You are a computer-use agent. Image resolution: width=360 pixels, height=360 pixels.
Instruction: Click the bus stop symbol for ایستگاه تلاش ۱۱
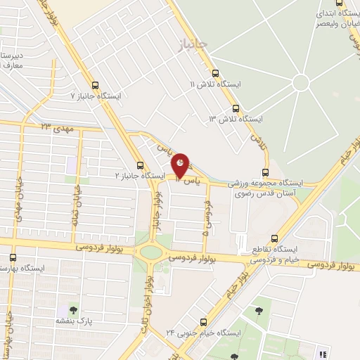pos(214,72)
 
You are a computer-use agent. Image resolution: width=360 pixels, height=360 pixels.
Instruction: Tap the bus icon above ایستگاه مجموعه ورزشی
pos(266,172)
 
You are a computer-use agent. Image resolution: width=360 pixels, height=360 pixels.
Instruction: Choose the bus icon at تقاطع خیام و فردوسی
pos(274,238)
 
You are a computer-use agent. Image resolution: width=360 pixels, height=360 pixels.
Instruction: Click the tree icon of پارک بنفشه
pos(74,309)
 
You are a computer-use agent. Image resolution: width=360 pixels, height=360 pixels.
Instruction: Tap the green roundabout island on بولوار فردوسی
pos(149,251)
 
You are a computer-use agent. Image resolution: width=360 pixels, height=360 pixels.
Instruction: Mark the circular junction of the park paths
pos(301,82)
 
